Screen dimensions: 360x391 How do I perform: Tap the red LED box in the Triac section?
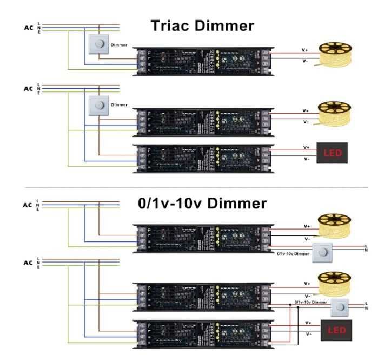click(332, 153)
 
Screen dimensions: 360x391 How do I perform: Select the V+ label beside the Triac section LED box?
click(306, 147)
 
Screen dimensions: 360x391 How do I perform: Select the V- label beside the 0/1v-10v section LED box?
click(308, 335)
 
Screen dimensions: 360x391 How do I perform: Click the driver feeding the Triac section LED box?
click(202, 156)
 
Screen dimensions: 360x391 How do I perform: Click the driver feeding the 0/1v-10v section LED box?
click(202, 331)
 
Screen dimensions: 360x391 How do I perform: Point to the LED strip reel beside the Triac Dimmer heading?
click(333, 54)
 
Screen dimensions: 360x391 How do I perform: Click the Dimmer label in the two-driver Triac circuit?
click(119, 104)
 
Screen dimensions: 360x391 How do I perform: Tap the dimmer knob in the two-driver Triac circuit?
click(100, 106)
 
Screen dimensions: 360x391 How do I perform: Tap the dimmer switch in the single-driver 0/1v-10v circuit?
click(323, 251)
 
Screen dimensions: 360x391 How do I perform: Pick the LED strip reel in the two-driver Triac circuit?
click(333, 113)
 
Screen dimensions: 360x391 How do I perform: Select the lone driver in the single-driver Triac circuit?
click(202, 60)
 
